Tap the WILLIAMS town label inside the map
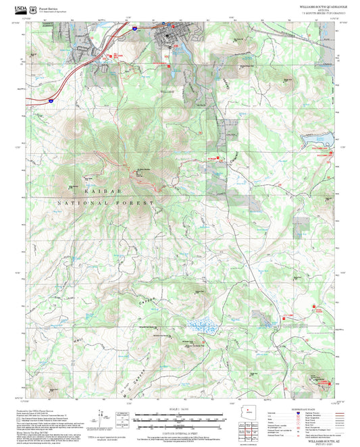pos(168,90)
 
